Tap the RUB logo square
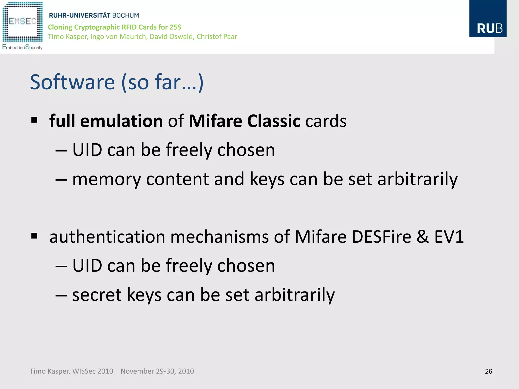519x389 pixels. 488,19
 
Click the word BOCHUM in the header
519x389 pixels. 125,15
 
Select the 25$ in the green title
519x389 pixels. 175,27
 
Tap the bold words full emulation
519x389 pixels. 106,121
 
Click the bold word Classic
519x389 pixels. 273,121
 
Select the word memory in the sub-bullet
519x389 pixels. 106,179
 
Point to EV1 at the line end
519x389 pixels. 449,237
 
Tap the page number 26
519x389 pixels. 488,371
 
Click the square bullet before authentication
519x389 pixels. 34,236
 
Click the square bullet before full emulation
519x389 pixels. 34,120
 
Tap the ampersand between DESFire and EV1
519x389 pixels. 422,237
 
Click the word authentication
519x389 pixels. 107,237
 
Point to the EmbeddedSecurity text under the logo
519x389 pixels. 22,47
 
